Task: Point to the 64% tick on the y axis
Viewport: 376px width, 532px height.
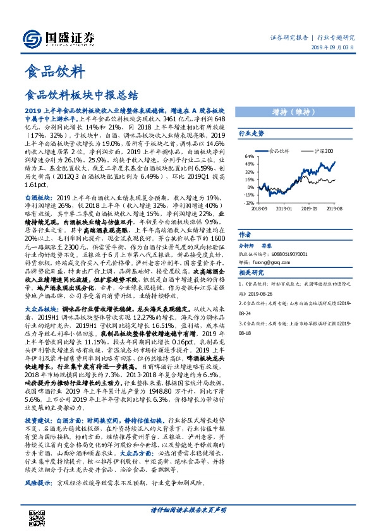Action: click(x=250, y=156)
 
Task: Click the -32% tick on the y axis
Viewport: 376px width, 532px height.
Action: click(x=249, y=202)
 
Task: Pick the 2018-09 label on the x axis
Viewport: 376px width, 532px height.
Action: click(x=259, y=207)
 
